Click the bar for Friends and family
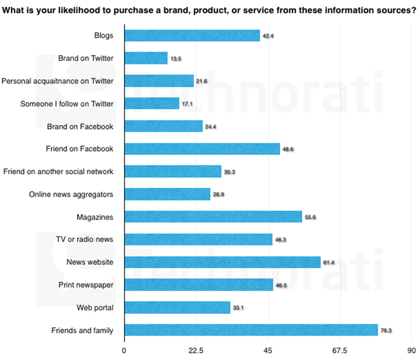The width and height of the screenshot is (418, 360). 251,330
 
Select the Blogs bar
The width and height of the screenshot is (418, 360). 192,35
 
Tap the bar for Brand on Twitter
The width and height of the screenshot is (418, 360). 146,58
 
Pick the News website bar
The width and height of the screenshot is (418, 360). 222,262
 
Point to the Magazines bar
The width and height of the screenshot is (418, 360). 213,217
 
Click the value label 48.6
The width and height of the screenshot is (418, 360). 288,149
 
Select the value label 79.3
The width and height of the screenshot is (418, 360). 386,330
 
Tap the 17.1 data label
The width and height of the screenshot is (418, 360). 187,104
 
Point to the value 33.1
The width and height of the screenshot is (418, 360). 239,308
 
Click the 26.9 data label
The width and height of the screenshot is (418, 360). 219,195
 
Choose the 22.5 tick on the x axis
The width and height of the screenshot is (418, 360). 196,351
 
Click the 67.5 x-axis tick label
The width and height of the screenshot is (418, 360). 339,351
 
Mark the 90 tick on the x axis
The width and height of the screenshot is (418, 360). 411,351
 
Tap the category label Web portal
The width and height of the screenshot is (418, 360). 95,308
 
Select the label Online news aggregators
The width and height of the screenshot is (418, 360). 71,194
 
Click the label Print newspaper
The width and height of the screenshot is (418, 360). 86,285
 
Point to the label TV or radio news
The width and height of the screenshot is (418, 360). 84,239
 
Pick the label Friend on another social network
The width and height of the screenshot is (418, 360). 58,172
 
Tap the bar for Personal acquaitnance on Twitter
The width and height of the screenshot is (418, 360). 159,81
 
